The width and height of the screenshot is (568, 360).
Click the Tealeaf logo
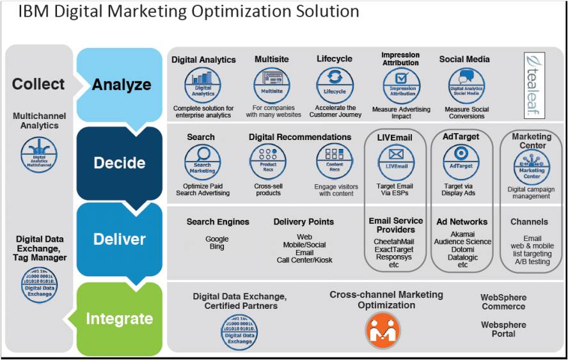pyautogui.click(x=535, y=85)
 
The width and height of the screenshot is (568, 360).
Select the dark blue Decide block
pyautogui.click(x=120, y=163)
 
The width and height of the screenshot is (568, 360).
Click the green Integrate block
pyautogui.click(x=120, y=318)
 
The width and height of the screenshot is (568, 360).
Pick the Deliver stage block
pyautogui.click(x=120, y=239)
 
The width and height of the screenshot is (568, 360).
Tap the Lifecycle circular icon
pyautogui.click(x=335, y=86)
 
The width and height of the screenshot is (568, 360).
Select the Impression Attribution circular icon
pyautogui.click(x=402, y=87)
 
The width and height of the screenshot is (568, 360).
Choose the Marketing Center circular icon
pyautogui.click(x=532, y=168)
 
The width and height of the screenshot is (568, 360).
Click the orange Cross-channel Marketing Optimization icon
pyautogui.click(x=383, y=330)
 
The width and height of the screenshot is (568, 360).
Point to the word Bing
pyautogui.click(x=217, y=247)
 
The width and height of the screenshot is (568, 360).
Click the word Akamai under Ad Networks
pyautogui.click(x=462, y=234)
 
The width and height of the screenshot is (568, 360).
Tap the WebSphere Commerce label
pyautogui.click(x=503, y=302)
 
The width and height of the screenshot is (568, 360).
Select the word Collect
pyautogui.click(x=38, y=84)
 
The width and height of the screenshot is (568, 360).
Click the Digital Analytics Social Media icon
pyautogui.click(x=466, y=87)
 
